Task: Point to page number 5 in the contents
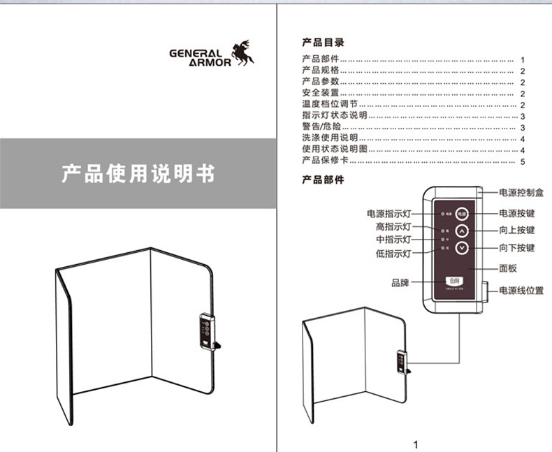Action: click(x=522, y=162)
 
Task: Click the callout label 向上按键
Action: click(x=517, y=231)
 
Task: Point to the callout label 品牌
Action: click(x=400, y=283)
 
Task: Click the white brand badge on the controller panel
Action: click(x=456, y=281)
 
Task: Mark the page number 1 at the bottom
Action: click(x=416, y=444)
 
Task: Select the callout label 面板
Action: click(x=508, y=268)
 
